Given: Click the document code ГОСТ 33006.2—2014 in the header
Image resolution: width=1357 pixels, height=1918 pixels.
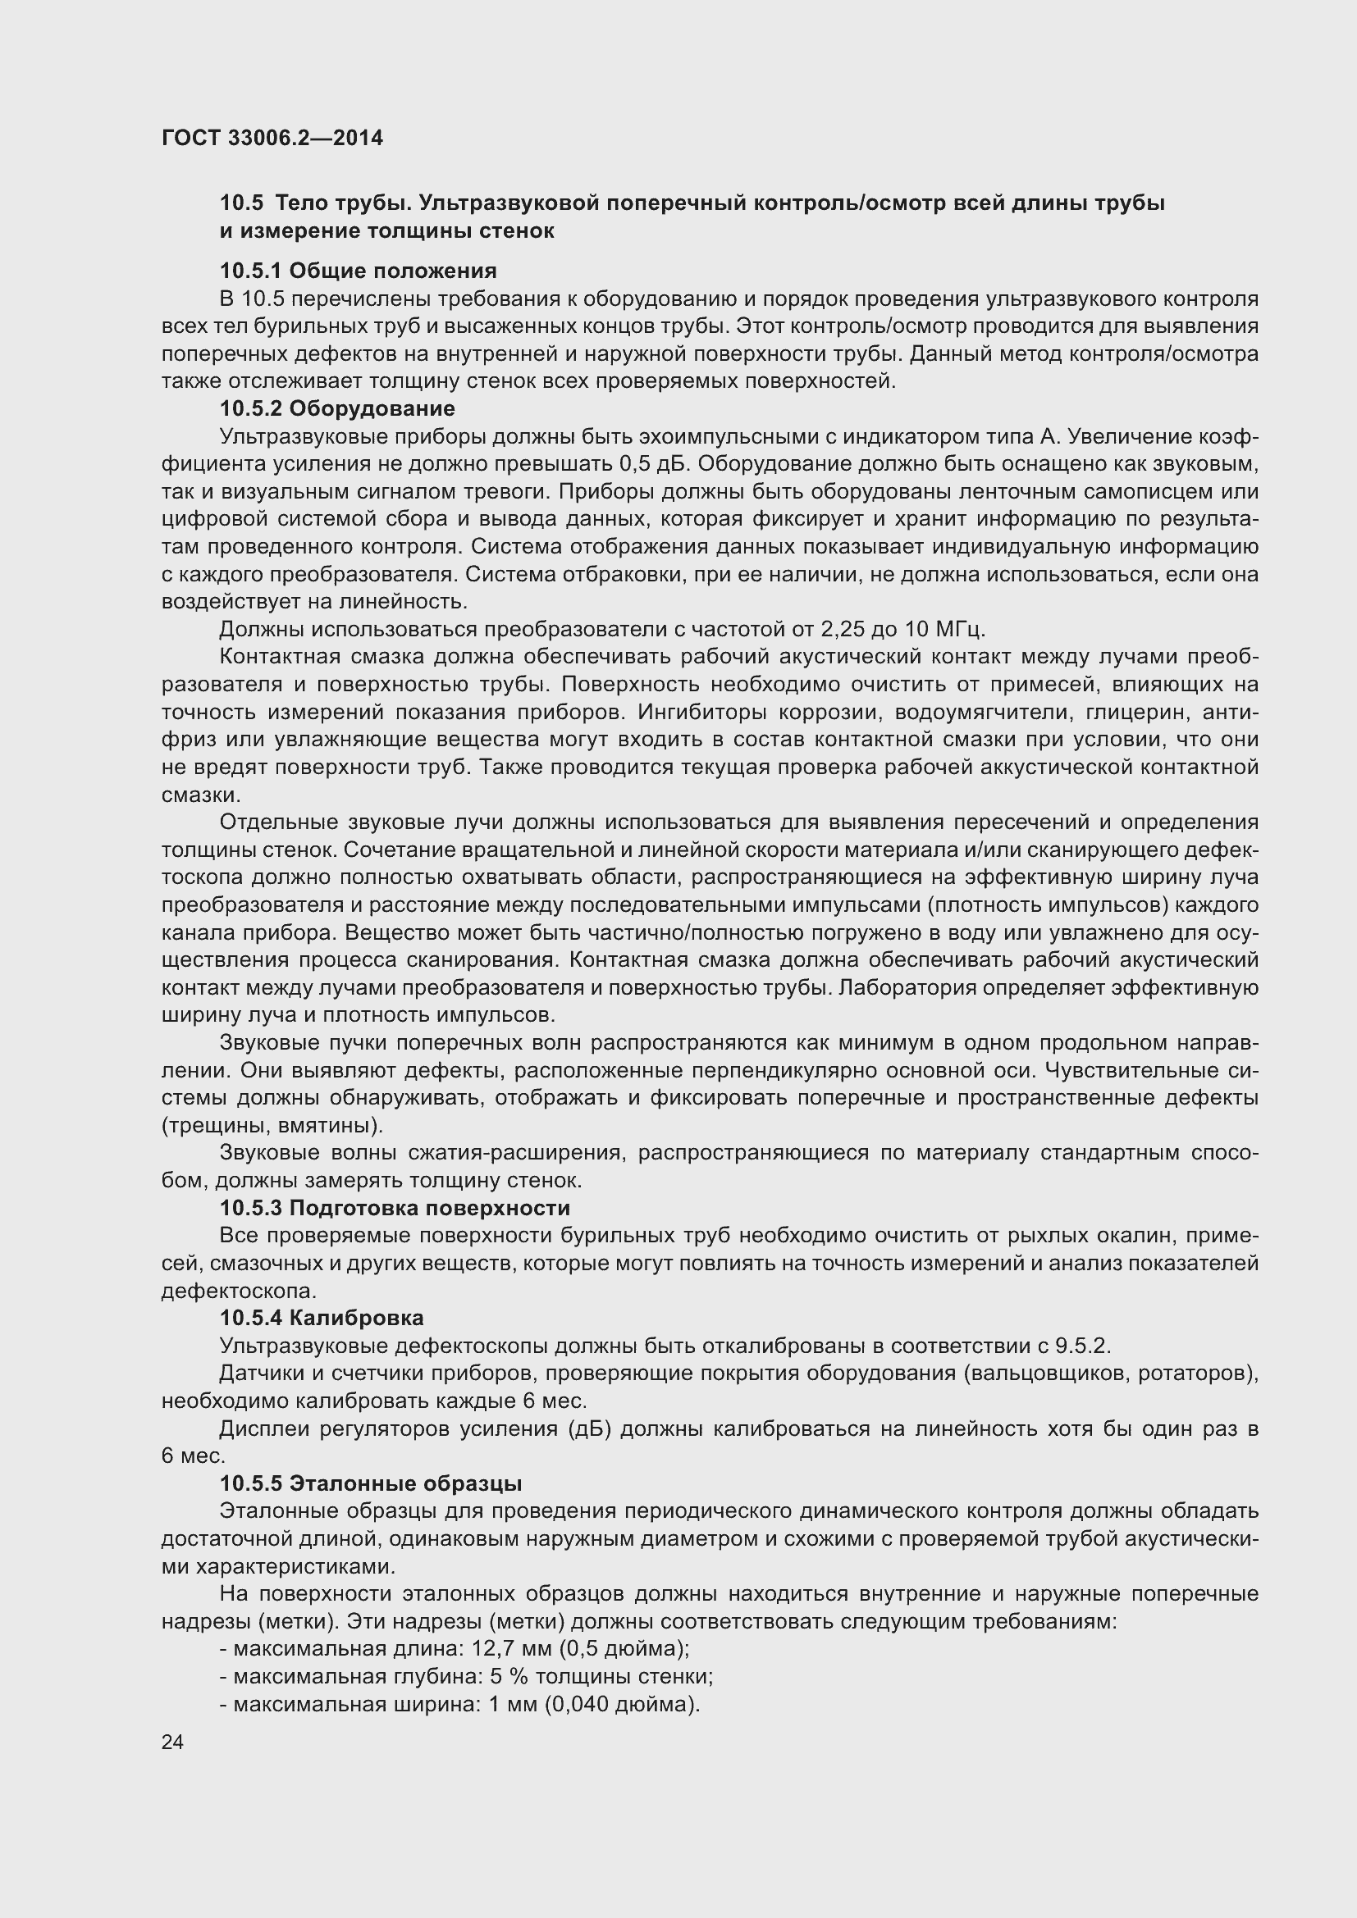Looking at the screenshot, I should tap(272, 138).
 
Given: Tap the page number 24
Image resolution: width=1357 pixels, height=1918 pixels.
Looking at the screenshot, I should tap(172, 1742).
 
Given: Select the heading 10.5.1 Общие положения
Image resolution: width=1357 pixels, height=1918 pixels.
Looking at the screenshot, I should tap(358, 271).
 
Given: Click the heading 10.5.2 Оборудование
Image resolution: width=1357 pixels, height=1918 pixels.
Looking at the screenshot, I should tap(337, 408).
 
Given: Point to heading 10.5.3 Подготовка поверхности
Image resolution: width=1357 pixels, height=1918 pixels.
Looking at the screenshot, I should tap(395, 1208).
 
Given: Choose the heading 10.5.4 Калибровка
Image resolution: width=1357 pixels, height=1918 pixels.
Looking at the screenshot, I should tap(322, 1319).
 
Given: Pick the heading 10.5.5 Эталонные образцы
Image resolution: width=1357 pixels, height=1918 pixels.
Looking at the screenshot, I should tap(371, 1483).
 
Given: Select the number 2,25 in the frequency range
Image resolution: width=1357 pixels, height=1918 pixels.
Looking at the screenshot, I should tap(845, 629).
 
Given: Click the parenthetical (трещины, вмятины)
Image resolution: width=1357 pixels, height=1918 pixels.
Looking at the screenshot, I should tap(272, 1125).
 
